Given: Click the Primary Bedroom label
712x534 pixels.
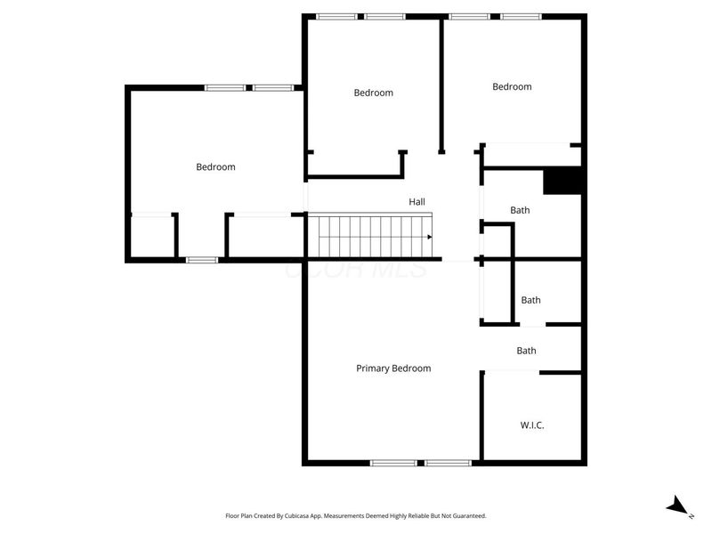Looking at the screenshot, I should click(393, 368).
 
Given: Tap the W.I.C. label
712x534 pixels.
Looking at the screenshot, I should click(532, 425).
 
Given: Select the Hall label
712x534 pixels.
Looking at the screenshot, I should click(417, 202).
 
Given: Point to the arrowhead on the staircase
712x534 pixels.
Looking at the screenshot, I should click(429, 237).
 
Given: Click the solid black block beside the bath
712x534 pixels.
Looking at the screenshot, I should click(562, 181).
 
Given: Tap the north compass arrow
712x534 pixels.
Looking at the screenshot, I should click(679, 506).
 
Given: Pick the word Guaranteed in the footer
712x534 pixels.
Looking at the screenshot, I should click(465, 515).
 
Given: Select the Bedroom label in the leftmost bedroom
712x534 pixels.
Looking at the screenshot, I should click(215, 166).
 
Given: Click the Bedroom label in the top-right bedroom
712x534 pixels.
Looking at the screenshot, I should click(512, 86).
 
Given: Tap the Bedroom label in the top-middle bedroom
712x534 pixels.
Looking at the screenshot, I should click(373, 93).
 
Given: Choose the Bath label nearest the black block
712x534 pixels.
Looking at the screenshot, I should click(520, 210).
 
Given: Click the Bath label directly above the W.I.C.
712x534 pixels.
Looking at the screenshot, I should click(526, 351).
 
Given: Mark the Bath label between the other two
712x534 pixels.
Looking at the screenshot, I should click(530, 300).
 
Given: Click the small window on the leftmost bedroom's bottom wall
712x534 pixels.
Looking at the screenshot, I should click(202, 260).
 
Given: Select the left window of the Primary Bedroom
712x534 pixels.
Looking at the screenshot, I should click(393, 463).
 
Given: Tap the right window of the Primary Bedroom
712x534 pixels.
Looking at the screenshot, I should click(448, 463).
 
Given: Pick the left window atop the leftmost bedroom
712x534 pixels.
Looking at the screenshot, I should click(225, 87).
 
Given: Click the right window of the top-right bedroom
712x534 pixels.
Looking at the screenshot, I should click(520, 16).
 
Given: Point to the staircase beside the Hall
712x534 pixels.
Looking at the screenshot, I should click(369, 237).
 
